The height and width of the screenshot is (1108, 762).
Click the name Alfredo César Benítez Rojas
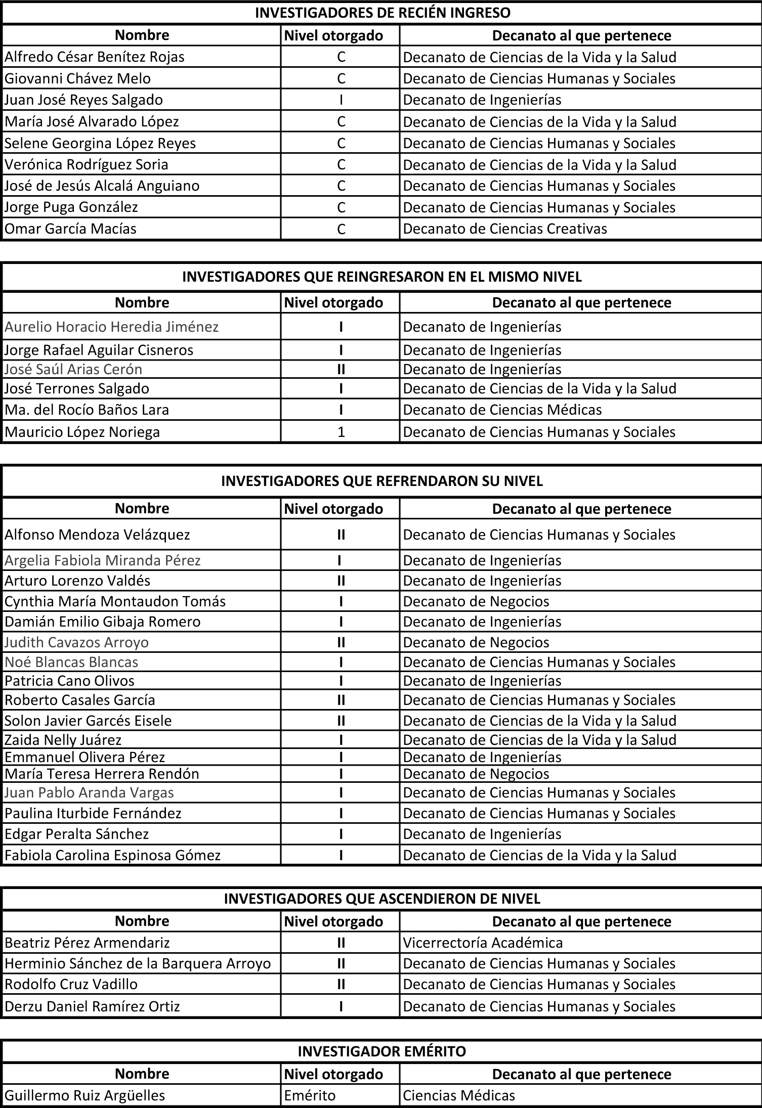coord(95,57)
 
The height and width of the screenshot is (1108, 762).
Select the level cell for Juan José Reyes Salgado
coord(341,100)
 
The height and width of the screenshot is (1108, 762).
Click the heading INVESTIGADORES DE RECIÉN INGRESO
coord(383,13)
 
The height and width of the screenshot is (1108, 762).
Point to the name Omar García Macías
coord(71,229)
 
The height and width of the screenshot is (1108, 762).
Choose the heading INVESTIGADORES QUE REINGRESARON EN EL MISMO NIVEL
coord(382,277)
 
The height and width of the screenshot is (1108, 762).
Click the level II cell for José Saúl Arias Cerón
coord(341,369)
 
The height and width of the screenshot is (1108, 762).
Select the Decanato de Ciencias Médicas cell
coord(502,410)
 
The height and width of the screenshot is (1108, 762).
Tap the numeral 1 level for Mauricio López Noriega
coord(341,432)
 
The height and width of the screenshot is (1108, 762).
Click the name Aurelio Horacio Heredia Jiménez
coord(111,327)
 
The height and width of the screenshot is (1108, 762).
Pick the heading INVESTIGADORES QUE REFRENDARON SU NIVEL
coord(382,481)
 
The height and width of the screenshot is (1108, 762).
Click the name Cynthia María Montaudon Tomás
coord(115,601)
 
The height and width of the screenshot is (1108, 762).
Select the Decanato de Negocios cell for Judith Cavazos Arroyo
coord(476,642)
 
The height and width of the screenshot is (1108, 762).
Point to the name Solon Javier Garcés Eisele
coord(88,721)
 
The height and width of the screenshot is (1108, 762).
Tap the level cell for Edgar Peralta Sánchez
coord(341,834)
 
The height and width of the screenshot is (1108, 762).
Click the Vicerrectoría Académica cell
coord(483,943)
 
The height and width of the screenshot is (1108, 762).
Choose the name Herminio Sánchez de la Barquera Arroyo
coord(138,963)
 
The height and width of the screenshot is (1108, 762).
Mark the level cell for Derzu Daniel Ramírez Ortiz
coord(341,1006)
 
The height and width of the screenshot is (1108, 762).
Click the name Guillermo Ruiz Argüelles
coord(85,1095)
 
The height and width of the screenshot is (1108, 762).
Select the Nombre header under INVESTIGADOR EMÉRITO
coord(142,1074)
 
